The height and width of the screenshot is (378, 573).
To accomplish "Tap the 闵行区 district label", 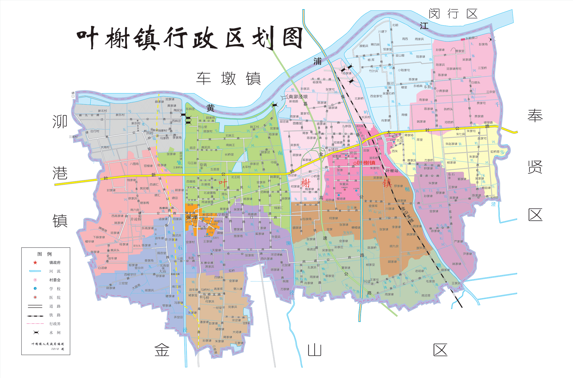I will (x=453, y=13).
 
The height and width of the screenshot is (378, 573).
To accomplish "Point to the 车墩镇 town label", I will (x=228, y=78).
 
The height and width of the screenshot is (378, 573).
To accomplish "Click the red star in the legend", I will (x=35, y=262).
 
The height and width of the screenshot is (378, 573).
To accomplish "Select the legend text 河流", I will (x=55, y=271).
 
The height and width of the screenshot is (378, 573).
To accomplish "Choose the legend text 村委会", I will (x=55, y=280).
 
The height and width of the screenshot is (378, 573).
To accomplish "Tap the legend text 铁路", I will (x=55, y=315).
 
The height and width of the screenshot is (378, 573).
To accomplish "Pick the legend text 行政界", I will (x=55, y=324).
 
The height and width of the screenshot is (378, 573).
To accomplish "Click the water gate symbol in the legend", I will (x=36, y=332).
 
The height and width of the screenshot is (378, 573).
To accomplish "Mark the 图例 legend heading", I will (x=44, y=254).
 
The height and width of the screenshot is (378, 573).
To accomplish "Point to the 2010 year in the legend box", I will (x=55, y=349).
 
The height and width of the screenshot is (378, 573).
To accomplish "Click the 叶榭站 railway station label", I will (x=392, y=171).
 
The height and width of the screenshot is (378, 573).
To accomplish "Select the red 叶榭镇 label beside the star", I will (x=366, y=163).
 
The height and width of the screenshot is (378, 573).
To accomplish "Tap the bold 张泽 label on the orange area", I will (x=192, y=217).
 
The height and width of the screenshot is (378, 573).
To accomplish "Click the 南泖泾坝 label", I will (x=298, y=96).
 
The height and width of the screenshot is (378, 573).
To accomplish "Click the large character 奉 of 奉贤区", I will (x=535, y=116).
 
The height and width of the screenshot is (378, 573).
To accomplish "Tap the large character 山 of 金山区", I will (x=315, y=350).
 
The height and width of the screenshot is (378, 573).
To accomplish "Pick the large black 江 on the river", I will (x=424, y=26).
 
